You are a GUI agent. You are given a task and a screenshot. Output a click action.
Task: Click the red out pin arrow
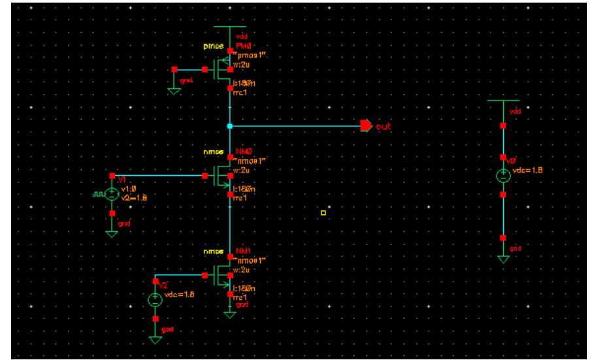[x=365, y=125]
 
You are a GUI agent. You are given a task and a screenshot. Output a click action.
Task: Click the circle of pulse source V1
[x=112, y=193]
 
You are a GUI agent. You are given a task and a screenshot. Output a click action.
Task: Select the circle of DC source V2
[x=155, y=300]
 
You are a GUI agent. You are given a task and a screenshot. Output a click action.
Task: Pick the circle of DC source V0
[x=503, y=176]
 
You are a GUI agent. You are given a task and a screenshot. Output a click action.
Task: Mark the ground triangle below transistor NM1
[x=229, y=314]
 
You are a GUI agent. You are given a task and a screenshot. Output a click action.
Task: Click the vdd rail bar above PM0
[x=229, y=27]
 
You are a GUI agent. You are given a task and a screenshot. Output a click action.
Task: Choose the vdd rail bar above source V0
[x=503, y=101]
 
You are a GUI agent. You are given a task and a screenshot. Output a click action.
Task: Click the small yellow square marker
[x=323, y=212]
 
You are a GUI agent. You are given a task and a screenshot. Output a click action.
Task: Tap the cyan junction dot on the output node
[x=229, y=125]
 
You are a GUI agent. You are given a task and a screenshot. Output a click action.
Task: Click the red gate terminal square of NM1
[x=205, y=276]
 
